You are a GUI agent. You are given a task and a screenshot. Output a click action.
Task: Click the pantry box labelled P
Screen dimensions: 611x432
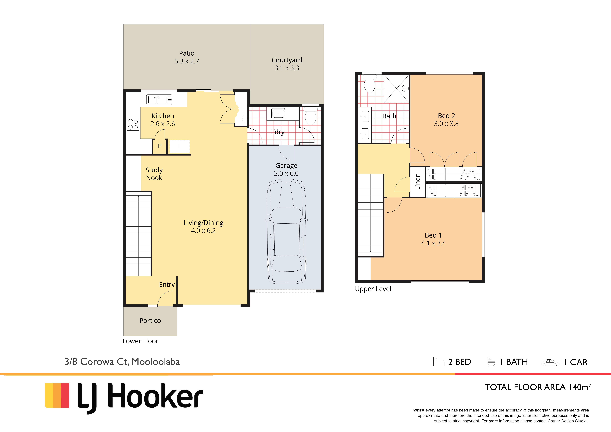pos(160,146)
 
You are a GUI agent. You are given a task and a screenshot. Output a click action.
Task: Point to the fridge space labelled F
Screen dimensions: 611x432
pos(180,146)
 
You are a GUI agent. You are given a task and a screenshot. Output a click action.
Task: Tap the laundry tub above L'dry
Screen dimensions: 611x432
pos(278,113)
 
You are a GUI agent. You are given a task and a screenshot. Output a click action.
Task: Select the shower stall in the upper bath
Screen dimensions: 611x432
pos(396,89)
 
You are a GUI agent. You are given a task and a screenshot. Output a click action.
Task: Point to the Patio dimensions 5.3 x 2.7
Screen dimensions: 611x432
pos(187,61)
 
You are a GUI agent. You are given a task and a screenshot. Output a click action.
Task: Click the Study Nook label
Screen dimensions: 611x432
pos(154,174)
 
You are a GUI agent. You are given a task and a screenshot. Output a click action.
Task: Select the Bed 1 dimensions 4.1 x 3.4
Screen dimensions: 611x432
pos(433,243)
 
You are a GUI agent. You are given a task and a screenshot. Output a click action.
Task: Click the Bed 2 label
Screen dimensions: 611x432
pos(446,116)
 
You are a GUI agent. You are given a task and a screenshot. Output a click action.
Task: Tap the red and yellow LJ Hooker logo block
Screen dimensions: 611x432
pos(57,396)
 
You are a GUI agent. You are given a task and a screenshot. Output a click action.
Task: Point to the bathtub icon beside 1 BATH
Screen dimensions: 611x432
pos(491,362)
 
